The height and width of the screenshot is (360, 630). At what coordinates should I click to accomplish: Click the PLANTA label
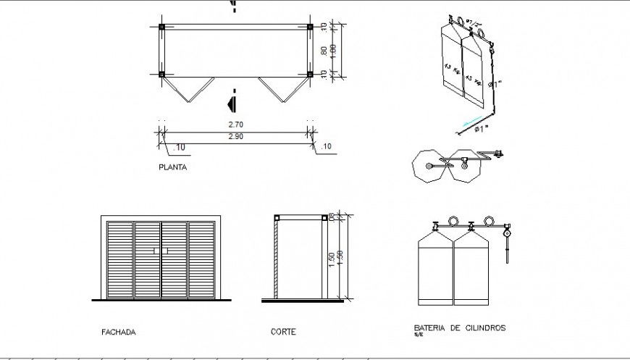pyautogui.click(x=172, y=167)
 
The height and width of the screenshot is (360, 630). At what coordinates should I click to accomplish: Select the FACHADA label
pyautogui.click(x=119, y=332)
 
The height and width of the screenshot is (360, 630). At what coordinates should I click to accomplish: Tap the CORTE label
pyautogui.click(x=282, y=332)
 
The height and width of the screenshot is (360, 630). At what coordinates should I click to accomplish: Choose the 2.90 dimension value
pyautogui.click(x=235, y=136)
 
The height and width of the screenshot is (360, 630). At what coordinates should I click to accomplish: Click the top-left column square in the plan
pyautogui.click(x=162, y=28)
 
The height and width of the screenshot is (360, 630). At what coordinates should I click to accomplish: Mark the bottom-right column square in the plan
pyautogui.click(x=309, y=74)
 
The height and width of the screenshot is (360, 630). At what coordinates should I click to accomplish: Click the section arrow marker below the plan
pyautogui.click(x=233, y=101)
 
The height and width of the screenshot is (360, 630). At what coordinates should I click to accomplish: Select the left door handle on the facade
pyautogui.click(x=155, y=251)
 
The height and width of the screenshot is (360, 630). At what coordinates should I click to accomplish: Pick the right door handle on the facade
pyautogui.click(x=167, y=251)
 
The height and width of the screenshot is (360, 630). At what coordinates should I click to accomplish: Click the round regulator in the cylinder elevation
pyautogui.click(x=508, y=233)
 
